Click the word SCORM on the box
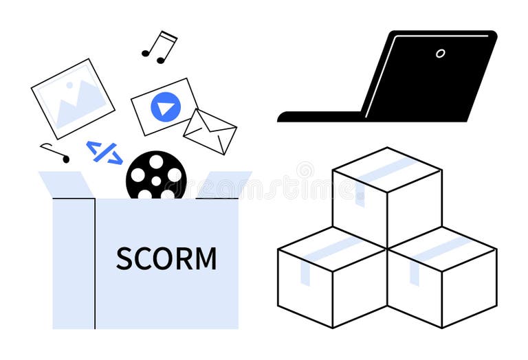tap(166, 258)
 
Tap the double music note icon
tap(159, 47)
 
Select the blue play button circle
tap(166, 106)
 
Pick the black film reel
tap(156, 175)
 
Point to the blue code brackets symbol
tap(104, 153)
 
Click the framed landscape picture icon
tap(73, 98)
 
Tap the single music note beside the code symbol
tap(56, 153)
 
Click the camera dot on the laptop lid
tap(440, 53)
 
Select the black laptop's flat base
tap(320, 117)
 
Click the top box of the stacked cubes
tap(386, 196)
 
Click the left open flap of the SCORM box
tap(66, 184)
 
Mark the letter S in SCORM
tap(124, 258)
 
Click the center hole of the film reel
tap(156, 181)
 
